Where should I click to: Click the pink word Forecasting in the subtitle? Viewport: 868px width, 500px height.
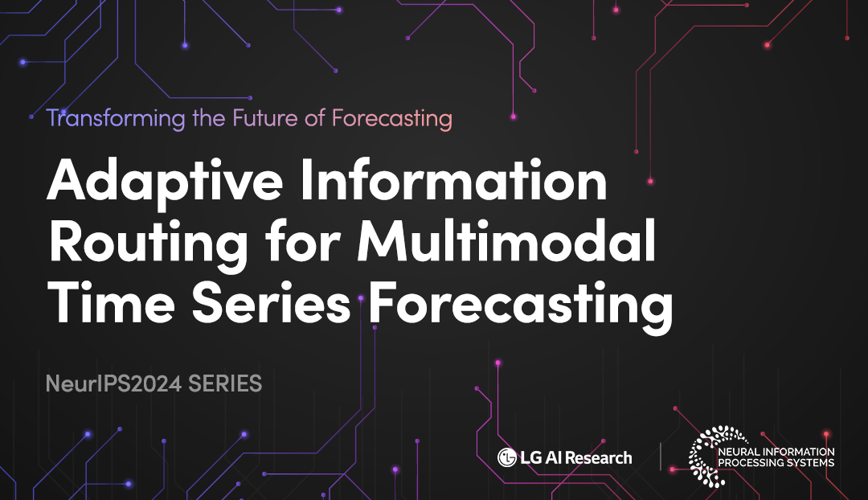(x=392, y=119)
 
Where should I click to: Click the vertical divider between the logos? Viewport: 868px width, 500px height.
(x=661, y=457)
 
